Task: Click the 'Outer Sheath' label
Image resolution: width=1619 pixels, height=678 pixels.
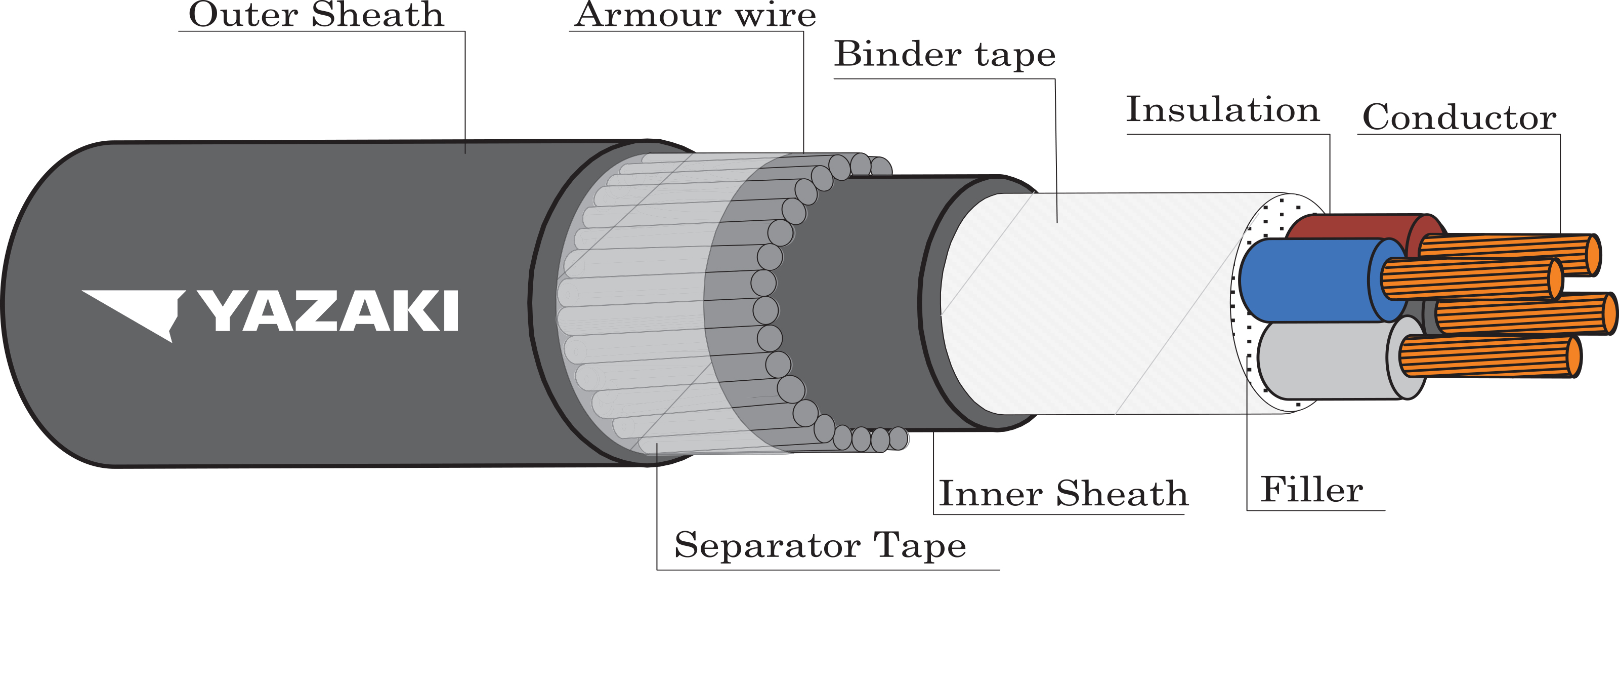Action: (316, 15)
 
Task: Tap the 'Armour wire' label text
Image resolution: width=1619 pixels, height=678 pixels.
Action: (695, 15)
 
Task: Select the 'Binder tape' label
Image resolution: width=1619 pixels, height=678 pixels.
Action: (945, 55)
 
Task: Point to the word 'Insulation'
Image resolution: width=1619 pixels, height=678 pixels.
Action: (1222, 111)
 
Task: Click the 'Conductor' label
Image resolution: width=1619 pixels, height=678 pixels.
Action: (1459, 117)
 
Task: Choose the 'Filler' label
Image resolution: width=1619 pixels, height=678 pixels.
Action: (1312, 490)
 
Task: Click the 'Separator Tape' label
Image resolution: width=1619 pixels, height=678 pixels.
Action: (820, 545)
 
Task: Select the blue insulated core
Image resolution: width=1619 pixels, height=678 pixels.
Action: (1307, 280)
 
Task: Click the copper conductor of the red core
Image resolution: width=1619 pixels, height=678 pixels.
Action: (1508, 254)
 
